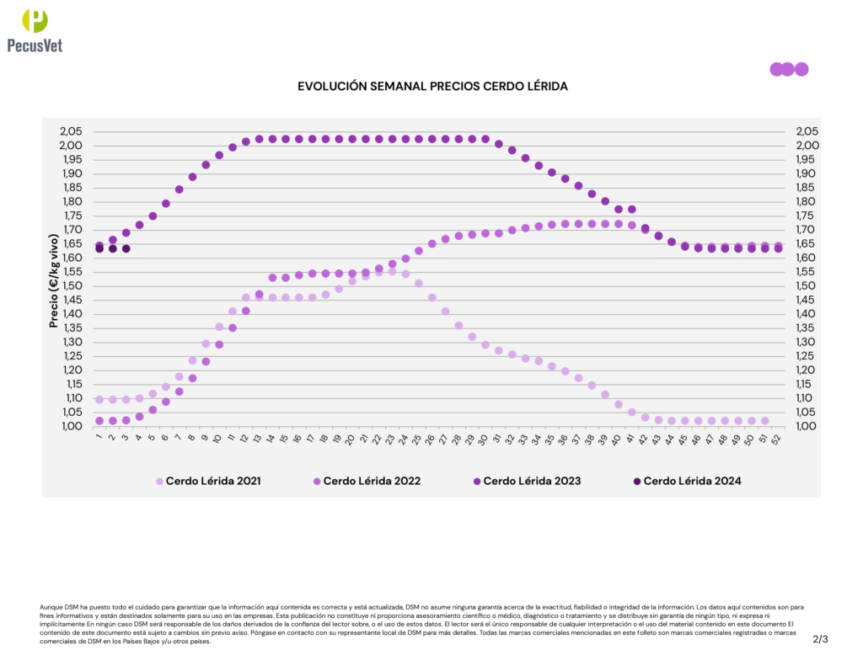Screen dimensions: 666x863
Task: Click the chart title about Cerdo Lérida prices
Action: (x=433, y=87)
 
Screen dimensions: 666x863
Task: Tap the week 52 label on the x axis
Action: (x=777, y=439)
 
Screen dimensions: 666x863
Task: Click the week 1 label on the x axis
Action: (x=99, y=437)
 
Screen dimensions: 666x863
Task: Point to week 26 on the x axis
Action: (x=431, y=439)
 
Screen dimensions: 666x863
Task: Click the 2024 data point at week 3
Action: (x=126, y=248)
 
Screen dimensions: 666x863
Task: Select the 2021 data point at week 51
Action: (x=765, y=421)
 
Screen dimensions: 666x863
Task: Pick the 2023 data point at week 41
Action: (x=632, y=209)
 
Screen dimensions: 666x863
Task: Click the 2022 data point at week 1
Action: (x=99, y=421)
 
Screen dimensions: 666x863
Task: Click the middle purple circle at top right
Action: (x=788, y=69)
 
